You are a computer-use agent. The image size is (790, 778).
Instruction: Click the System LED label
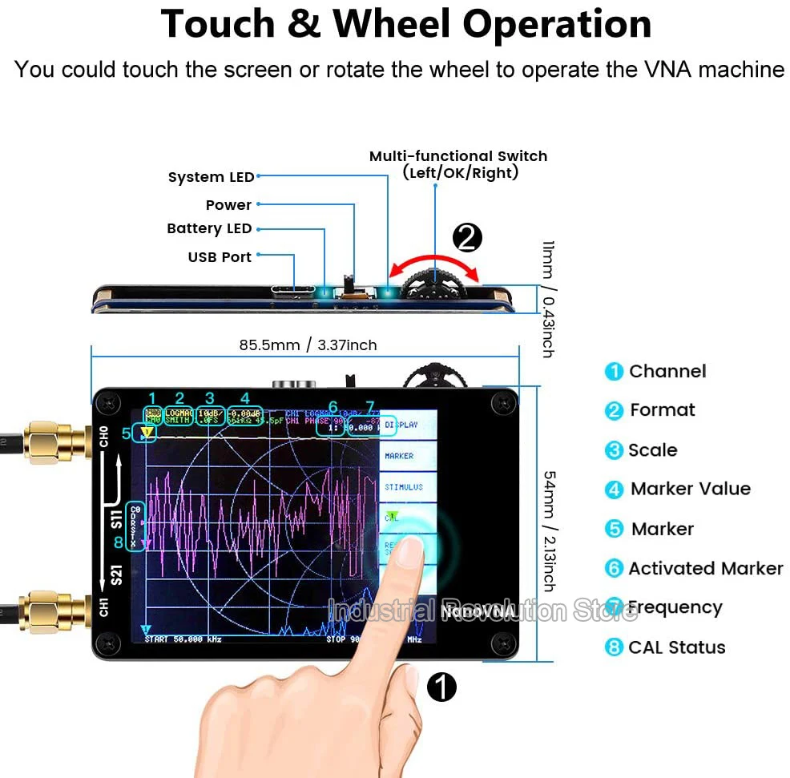tap(211, 177)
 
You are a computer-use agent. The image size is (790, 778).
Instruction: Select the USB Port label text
tap(220, 257)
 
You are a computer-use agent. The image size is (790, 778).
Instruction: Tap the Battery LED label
tap(209, 228)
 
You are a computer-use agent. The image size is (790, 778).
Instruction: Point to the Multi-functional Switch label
tap(457, 156)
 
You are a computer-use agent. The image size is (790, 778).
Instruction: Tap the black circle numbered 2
tap(467, 237)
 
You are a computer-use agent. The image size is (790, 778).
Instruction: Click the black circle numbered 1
tap(441, 686)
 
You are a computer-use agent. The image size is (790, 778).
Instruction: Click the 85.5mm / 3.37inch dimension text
tap(308, 345)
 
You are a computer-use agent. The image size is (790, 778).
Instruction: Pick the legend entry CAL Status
tap(676, 647)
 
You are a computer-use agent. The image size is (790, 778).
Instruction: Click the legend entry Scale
tap(652, 450)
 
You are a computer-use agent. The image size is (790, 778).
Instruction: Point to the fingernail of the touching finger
tap(411, 551)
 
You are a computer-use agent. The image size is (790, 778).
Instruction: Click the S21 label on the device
tap(116, 576)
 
